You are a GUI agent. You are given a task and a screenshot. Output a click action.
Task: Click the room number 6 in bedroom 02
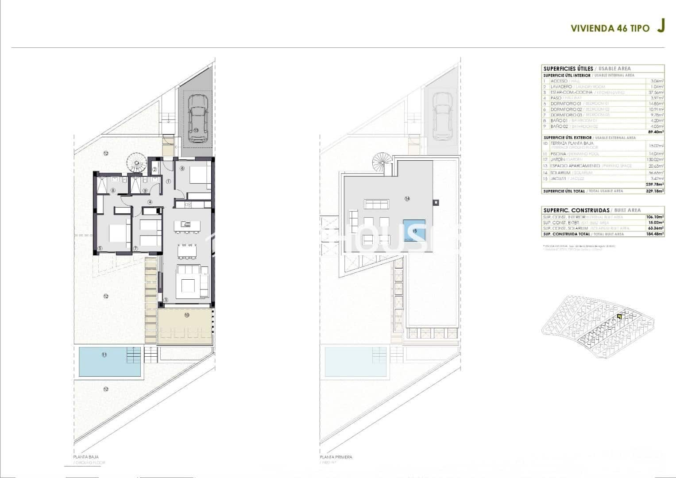point(182,169)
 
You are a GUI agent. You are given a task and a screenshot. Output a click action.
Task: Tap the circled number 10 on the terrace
point(186,315)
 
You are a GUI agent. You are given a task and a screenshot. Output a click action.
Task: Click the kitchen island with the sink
point(186,226)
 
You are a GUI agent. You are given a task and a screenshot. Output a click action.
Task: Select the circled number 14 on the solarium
point(407,199)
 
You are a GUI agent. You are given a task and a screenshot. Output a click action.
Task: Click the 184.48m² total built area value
point(656,234)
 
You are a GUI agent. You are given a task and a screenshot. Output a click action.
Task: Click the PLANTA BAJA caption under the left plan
point(85,456)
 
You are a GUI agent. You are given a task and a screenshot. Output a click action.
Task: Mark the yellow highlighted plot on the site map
point(619,316)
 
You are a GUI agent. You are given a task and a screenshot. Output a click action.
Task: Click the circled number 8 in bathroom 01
point(113,191)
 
